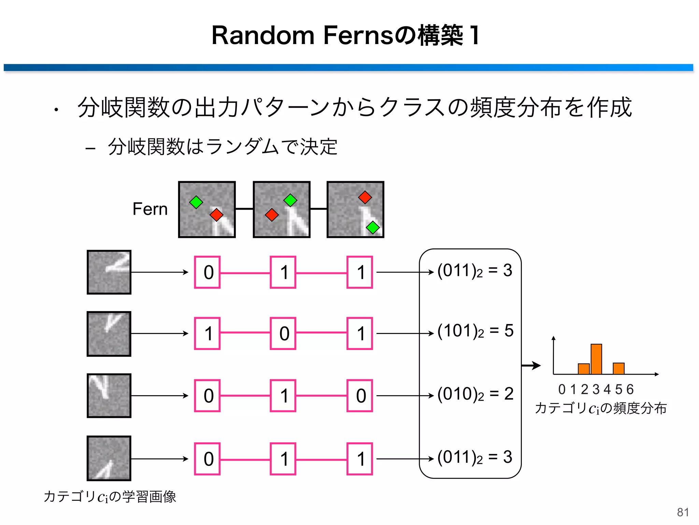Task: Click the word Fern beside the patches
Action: (x=150, y=209)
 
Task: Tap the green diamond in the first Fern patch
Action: (x=196, y=202)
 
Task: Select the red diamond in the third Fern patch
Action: (x=365, y=197)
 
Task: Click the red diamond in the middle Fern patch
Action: (x=272, y=215)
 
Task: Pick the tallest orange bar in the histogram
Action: (x=596, y=359)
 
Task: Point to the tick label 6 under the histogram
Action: (x=630, y=389)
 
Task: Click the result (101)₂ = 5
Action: (x=475, y=331)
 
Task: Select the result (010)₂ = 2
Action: (x=475, y=394)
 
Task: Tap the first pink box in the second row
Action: (x=207, y=333)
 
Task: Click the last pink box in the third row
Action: (x=359, y=395)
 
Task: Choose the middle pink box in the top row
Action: (x=283, y=272)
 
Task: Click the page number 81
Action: (x=683, y=512)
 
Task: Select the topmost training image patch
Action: (x=109, y=272)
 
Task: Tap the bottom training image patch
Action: (x=109, y=458)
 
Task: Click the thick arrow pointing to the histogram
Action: (x=531, y=365)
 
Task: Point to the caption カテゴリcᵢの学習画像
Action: (x=110, y=497)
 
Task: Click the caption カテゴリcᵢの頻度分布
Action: (x=600, y=408)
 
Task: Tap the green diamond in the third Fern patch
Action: (x=373, y=227)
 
